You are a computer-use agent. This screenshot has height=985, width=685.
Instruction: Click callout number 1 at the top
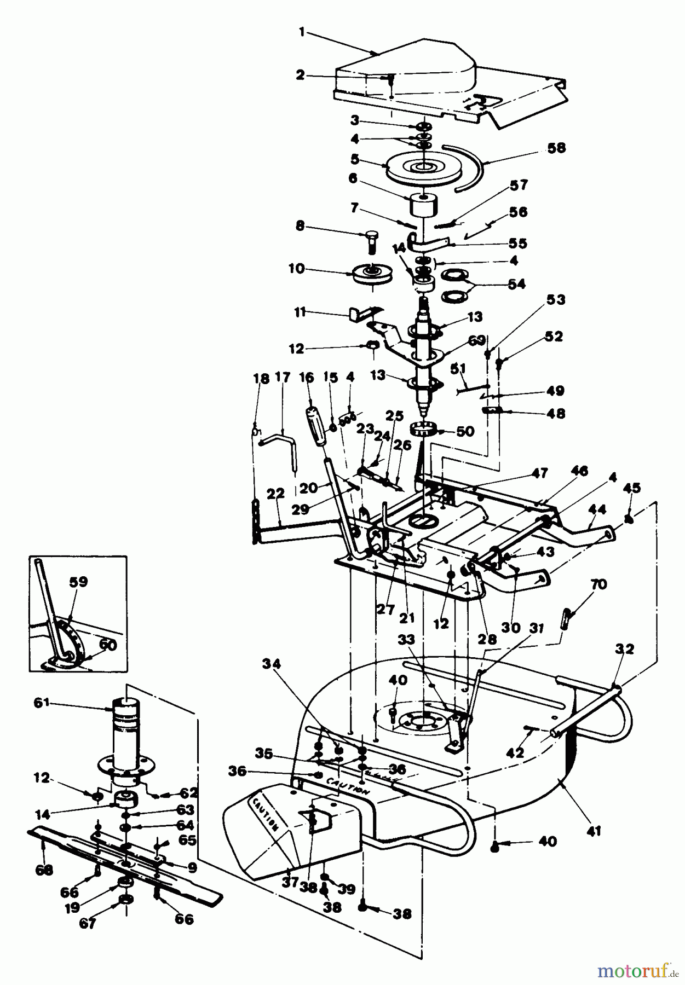point(301,32)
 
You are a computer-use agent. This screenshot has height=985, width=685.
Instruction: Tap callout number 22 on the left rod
point(276,494)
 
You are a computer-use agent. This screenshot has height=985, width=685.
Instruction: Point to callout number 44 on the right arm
point(598,509)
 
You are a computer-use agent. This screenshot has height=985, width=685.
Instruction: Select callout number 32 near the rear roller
point(624,650)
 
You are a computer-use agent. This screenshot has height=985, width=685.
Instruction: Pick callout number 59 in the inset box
point(78,582)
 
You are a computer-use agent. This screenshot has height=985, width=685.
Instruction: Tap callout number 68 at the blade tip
point(44,869)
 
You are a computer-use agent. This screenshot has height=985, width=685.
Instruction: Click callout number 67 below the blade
point(88,923)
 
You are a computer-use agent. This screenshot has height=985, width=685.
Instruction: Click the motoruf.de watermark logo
point(635,970)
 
